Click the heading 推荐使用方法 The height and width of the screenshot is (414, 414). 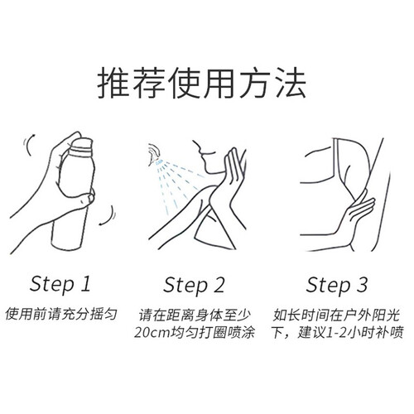click(202, 83)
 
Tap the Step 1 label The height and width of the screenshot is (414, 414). click(60, 284)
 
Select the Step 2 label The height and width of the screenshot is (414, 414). click(194, 286)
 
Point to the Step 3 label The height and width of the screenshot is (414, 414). click(337, 286)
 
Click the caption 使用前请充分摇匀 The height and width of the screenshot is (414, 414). click(61, 314)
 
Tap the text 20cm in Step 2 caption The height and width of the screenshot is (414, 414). click(152, 333)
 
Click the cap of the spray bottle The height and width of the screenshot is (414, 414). click(82, 146)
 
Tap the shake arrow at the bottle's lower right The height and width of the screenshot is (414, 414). click(109, 217)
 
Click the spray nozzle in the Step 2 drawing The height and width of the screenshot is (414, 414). click(154, 155)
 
